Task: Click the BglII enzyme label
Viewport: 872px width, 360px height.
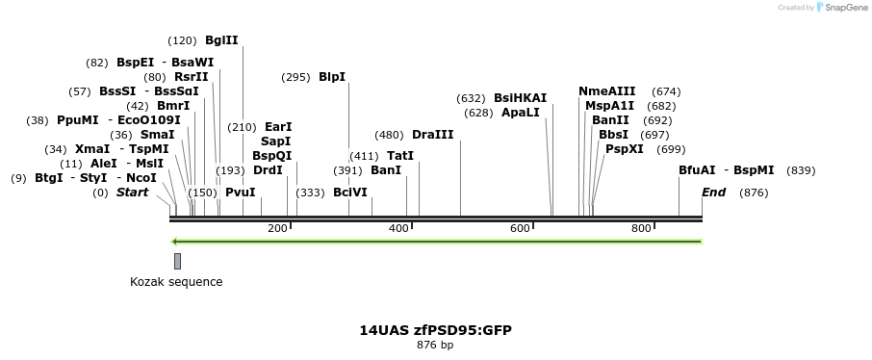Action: click(x=221, y=40)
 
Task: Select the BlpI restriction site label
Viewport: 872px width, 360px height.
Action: click(x=332, y=77)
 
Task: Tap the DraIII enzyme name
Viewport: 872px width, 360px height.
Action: click(x=432, y=135)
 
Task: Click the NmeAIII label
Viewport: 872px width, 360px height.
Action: click(x=606, y=91)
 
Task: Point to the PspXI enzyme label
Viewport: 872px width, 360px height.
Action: click(x=625, y=149)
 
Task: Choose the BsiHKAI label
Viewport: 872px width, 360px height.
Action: click(x=520, y=98)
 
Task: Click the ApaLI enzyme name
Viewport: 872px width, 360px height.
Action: click(x=521, y=113)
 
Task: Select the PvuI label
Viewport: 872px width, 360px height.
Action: click(x=240, y=193)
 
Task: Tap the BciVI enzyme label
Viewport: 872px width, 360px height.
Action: click(x=350, y=193)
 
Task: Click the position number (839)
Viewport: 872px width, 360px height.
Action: click(x=801, y=170)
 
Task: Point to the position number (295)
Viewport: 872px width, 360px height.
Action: click(x=295, y=77)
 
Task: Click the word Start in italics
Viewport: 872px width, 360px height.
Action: click(x=132, y=193)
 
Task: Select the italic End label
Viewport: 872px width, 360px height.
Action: click(x=713, y=193)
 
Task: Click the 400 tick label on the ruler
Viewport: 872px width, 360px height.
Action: click(x=398, y=228)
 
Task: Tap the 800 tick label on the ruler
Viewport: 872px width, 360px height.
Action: click(x=641, y=228)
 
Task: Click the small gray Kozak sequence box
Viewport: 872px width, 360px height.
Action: click(x=177, y=261)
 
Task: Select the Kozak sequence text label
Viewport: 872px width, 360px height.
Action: click(x=176, y=282)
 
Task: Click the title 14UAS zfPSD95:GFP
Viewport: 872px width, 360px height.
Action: click(x=435, y=330)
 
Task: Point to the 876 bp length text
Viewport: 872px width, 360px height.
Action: click(x=435, y=345)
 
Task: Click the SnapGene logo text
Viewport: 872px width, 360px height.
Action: click(x=843, y=8)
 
